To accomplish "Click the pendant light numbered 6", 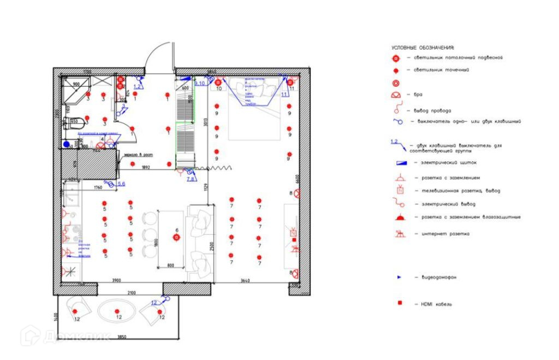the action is [176, 237].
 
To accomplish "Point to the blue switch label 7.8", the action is [191, 179].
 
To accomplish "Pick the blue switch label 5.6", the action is [122, 184].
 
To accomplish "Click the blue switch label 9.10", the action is [200, 83].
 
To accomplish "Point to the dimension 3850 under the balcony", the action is [122, 337].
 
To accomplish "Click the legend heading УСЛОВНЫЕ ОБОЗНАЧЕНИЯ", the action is [423, 48].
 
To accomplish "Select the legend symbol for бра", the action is [397, 96].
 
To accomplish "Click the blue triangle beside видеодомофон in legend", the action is [399, 278].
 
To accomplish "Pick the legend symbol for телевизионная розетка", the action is [400, 190].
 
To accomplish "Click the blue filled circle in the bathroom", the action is [66, 144].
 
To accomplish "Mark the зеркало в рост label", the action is [139, 155].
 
